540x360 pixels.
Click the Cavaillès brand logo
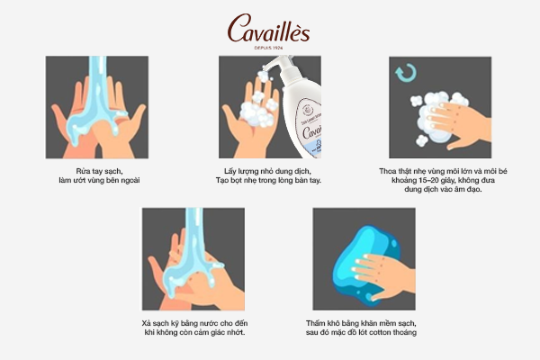coord(268,29)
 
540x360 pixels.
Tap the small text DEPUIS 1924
coord(268,48)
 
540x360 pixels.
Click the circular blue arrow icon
coord(406,73)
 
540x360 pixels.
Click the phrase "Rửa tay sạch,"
coord(99,171)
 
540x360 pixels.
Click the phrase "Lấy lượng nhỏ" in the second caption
coord(246,171)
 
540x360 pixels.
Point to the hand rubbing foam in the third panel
coord(458,126)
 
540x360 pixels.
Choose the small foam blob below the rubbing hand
coord(421,140)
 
